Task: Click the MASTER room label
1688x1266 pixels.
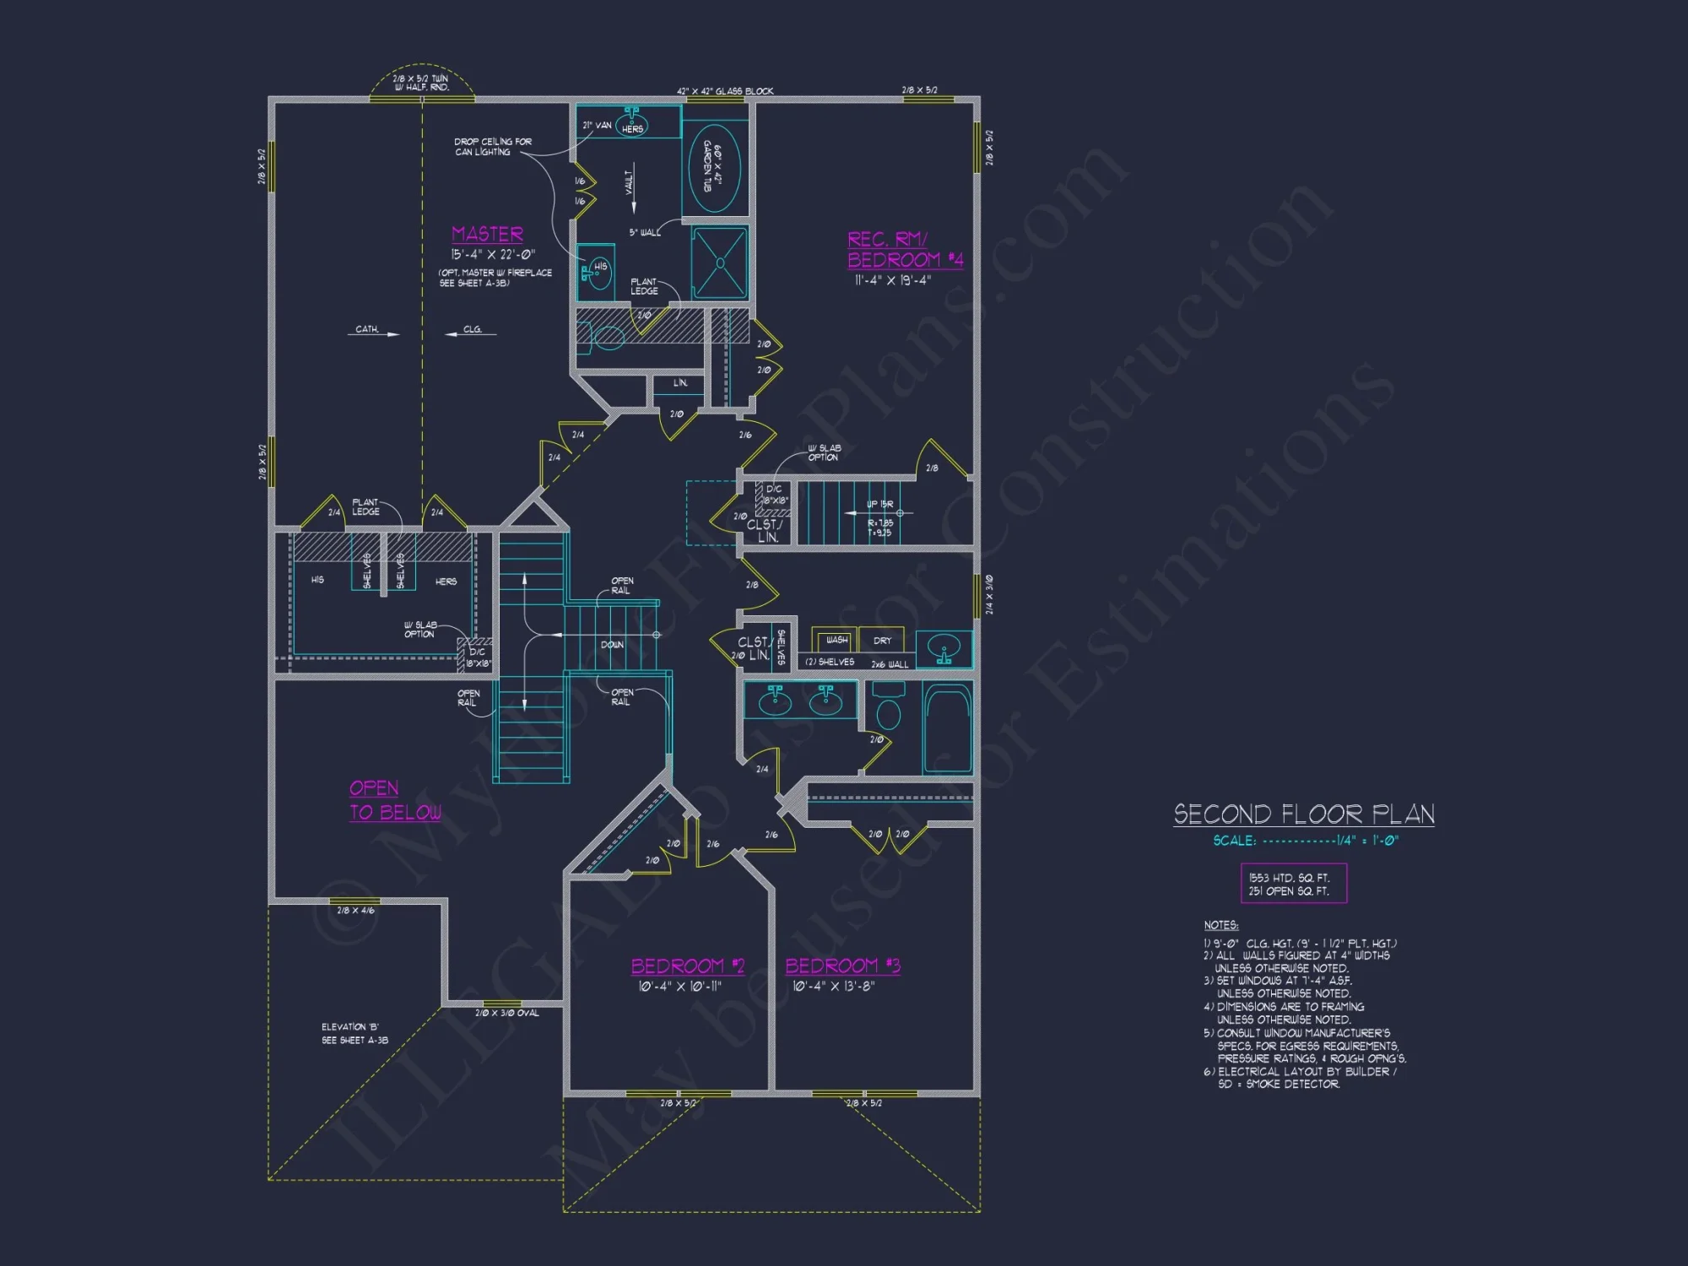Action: coord(487,234)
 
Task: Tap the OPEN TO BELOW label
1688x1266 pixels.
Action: coord(394,800)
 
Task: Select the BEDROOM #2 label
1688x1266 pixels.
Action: coord(687,966)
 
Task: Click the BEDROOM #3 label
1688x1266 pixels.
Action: coord(842,966)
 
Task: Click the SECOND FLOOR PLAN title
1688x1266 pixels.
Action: coord(1303,814)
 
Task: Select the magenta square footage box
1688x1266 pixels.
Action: coord(1292,884)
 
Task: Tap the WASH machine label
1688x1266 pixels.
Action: coord(836,640)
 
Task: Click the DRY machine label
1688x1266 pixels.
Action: coord(882,641)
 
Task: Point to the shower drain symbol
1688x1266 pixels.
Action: coord(720,262)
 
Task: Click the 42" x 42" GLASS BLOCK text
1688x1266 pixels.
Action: coord(724,91)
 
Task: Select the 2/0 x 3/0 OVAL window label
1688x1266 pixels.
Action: coord(506,1013)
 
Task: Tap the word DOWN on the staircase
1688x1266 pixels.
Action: coord(612,645)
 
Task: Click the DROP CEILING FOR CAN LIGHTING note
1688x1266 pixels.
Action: coord(492,147)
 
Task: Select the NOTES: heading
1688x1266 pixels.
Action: coord(1220,925)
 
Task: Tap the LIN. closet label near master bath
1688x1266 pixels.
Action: coord(680,383)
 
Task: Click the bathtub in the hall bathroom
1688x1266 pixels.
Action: coord(947,728)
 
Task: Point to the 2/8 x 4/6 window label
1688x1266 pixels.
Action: coord(355,911)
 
